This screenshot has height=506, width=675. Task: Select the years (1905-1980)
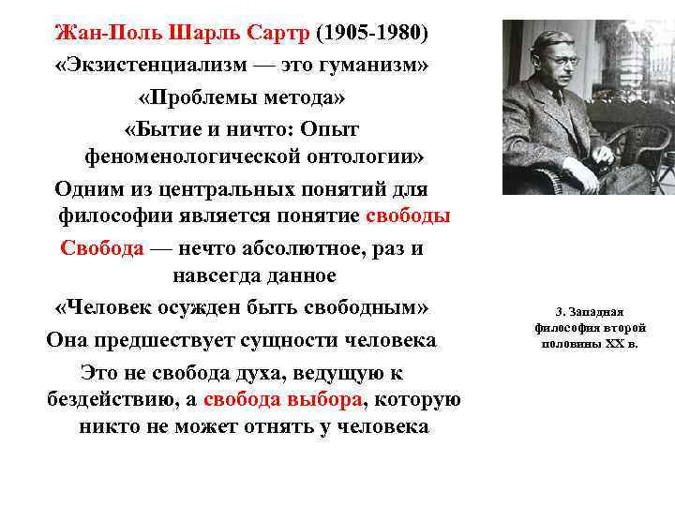(x=372, y=34)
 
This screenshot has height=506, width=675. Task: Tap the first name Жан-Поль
(x=100, y=34)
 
